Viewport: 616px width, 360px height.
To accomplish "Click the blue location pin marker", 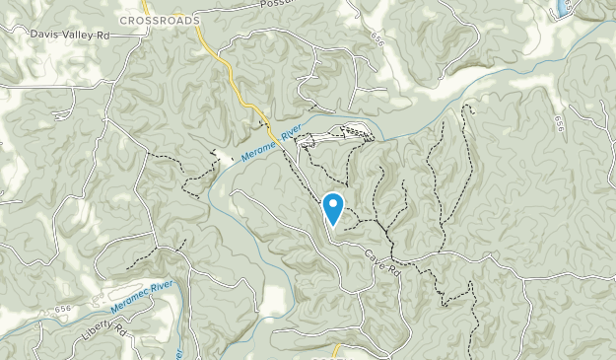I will coord(333,209).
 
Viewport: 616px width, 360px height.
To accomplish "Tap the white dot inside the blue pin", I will coord(333,205).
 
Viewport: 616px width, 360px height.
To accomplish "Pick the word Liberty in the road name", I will coord(94,332).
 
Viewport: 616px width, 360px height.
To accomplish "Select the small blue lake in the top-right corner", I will coord(564,8).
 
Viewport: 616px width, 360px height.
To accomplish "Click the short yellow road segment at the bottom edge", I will coord(336,351).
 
